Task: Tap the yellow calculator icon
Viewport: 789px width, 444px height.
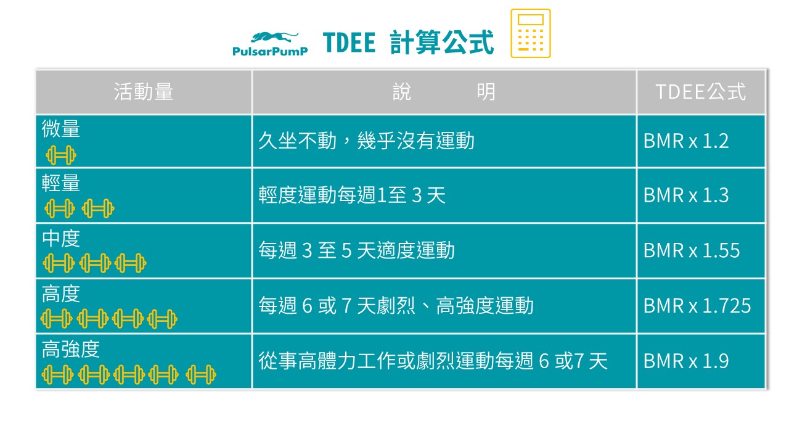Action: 530,34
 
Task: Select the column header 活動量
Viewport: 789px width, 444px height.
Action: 144,92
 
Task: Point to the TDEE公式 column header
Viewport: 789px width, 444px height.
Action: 700,92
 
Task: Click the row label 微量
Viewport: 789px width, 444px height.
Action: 61,129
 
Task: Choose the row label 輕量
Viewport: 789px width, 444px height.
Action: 61,183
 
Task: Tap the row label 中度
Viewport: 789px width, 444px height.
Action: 61,239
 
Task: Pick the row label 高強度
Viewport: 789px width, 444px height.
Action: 71,350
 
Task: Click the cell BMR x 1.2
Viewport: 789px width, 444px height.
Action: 686,141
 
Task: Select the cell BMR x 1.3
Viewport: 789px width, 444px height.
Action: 686,195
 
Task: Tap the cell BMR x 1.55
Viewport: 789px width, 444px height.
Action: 692,250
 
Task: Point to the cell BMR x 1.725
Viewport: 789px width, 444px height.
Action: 697,305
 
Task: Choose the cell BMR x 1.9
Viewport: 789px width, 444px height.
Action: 686,361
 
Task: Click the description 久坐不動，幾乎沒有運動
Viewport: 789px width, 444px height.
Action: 366,141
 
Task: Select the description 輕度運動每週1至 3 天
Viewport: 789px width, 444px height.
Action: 351,195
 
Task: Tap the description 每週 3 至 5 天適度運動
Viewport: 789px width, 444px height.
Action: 356,250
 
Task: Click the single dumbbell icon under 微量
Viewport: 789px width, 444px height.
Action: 60,155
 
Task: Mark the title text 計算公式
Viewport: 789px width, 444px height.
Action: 441,43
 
